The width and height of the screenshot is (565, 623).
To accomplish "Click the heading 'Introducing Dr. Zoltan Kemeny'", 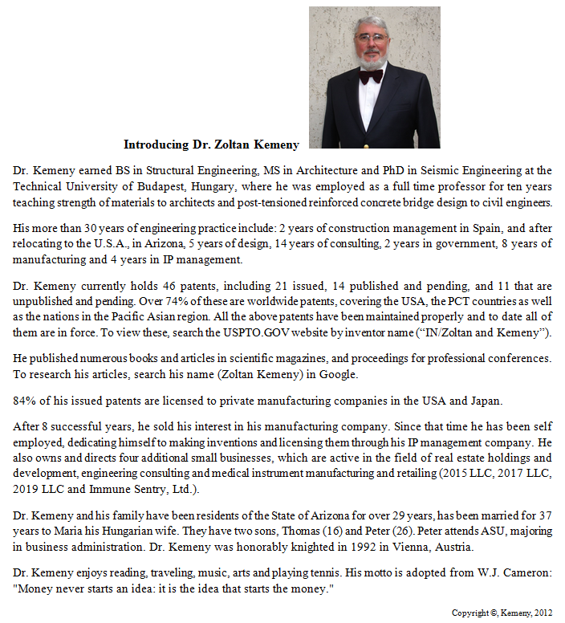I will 211,145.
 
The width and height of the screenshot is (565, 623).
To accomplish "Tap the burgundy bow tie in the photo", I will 371,76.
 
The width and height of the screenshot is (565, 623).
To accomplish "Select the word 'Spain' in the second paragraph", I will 506,229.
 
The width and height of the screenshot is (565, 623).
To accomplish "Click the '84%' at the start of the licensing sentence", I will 25,401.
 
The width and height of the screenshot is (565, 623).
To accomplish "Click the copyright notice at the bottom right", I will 502,613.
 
